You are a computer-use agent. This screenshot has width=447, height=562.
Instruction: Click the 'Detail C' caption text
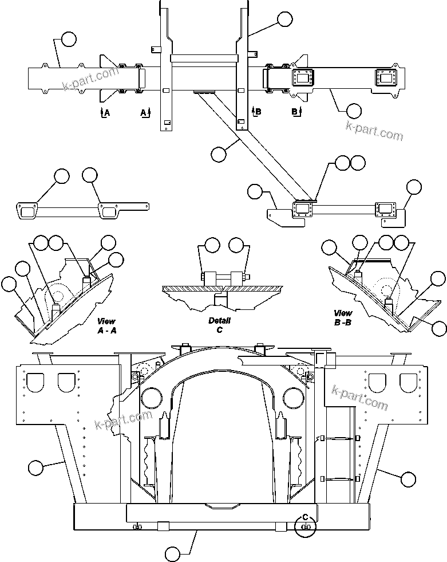pyautogui.click(x=219, y=325)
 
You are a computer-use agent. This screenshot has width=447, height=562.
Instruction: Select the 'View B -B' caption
pyautogui.click(x=343, y=317)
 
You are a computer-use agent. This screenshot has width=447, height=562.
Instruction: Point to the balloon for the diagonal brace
pyautogui.click(x=219, y=154)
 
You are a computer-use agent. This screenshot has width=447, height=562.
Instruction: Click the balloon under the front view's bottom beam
pyautogui.click(x=173, y=554)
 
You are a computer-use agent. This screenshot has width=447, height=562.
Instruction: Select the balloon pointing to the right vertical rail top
pyautogui.click(x=284, y=19)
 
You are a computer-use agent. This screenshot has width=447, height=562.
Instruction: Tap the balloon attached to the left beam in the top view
pyautogui.click(x=68, y=39)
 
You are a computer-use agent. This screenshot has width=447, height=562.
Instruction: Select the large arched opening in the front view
pyautogui.click(x=223, y=435)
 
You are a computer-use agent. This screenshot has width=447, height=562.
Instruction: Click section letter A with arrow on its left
pyautogui.click(x=105, y=112)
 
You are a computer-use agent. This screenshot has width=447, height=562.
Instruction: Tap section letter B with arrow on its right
pyautogui.click(x=295, y=112)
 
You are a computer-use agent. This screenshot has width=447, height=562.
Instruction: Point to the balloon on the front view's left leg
pyautogui.click(x=35, y=467)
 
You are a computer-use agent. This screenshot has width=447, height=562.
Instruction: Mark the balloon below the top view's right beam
pyautogui.click(x=354, y=110)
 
